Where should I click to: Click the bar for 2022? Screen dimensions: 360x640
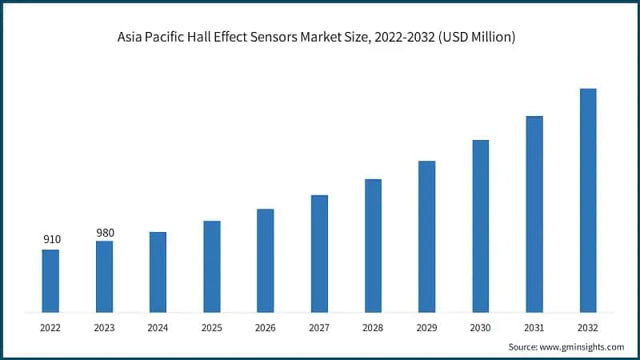pos(50,280)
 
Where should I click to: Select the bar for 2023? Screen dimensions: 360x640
pos(104,276)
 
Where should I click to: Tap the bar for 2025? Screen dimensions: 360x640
pos(211,266)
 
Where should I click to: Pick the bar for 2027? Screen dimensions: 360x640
pos(319,253)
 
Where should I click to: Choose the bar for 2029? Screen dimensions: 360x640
pos(426,236)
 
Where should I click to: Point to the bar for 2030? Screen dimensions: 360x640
pos(480,226)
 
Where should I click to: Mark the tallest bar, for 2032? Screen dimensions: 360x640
pos(588,200)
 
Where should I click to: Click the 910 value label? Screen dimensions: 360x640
pos(51,239)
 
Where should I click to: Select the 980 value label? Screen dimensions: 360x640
pos(105,233)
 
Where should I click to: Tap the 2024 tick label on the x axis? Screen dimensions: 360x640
pos(158,327)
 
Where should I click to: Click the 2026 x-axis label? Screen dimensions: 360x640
pos(265,327)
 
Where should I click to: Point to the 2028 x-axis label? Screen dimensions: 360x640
pos(373,327)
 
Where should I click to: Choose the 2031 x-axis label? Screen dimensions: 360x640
pos(534,327)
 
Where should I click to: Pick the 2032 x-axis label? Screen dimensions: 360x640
pos(588,327)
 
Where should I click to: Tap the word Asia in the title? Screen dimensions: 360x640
pos(128,37)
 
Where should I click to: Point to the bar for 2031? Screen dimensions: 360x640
pos(534,214)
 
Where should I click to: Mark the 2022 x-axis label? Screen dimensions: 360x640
pos(50,327)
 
